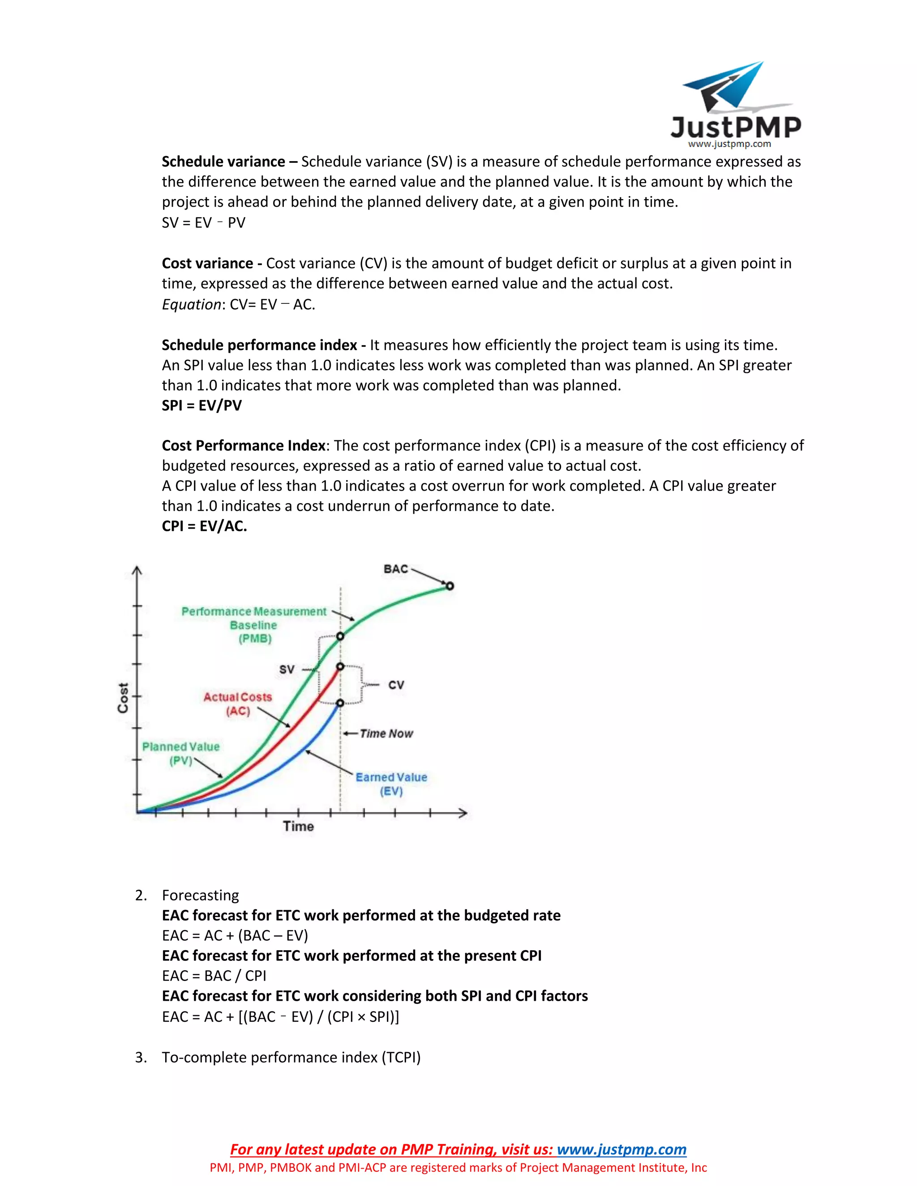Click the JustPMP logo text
736,127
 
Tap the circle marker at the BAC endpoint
450,586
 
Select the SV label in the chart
287,670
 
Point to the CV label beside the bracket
396,685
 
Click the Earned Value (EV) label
391,784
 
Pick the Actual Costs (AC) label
237,704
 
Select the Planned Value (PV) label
181,753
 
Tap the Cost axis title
123,698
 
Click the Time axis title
298,827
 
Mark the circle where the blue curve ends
340,703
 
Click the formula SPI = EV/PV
201,405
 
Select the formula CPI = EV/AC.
204,526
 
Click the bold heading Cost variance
207,263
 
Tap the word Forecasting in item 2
201,896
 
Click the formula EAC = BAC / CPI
214,976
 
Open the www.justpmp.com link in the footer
621,1150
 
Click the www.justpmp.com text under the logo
729,144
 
